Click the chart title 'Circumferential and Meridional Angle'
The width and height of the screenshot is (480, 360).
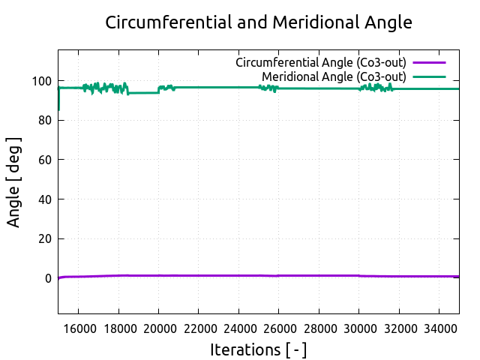click(259, 22)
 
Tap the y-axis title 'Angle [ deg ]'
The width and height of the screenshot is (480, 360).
click(14, 182)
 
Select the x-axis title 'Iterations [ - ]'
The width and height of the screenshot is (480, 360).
click(259, 349)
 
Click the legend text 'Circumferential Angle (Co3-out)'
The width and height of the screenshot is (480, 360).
click(321, 61)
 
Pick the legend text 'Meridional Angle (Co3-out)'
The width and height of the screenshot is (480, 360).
click(334, 76)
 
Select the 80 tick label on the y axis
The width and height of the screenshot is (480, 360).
click(44, 120)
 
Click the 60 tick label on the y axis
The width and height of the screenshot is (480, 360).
click(44, 160)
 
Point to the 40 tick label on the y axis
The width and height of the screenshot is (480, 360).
click(44, 199)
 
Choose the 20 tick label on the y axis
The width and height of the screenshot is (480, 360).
click(44, 239)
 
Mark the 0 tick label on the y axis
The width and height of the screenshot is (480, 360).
click(48, 278)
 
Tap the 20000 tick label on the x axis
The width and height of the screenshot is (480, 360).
click(158, 328)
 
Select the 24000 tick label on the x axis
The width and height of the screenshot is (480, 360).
click(238, 328)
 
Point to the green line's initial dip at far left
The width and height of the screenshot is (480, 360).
click(58, 105)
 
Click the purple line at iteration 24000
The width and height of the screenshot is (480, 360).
click(238, 275)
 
